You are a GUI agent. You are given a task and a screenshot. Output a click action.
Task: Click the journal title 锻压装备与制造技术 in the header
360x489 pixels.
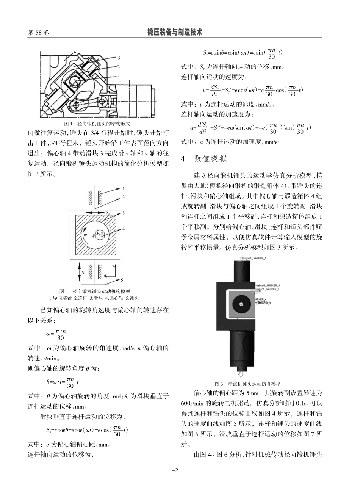[x=175, y=33]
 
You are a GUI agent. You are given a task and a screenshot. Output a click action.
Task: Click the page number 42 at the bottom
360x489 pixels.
[x=175, y=470]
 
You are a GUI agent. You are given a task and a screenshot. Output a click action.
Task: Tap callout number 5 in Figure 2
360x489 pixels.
[x=122, y=281]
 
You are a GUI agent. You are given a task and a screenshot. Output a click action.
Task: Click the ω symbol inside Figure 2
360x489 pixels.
[x=85, y=234]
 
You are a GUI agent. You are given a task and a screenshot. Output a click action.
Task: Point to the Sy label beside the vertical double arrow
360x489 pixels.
[x=84, y=272]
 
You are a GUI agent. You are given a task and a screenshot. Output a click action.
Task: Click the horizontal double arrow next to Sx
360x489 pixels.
[x=93, y=213]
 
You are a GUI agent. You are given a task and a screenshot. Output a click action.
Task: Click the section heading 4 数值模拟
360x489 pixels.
[x=204, y=159]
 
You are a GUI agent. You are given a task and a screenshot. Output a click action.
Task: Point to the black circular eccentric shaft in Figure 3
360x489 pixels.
[x=241, y=303]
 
